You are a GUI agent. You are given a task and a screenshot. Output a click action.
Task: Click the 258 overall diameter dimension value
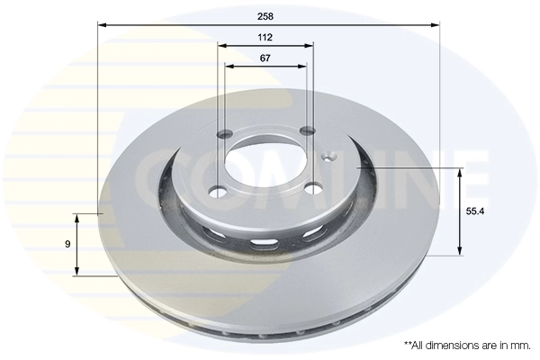[x=265, y=16]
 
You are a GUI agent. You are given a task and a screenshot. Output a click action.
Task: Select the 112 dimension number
[x=265, y=37]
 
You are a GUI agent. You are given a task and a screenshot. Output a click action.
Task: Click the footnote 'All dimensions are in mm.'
[x=468, y=345]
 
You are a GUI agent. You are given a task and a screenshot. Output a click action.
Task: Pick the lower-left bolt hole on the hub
[x=215, y=191]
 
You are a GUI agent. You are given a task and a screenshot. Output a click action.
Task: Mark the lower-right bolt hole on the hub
[x=311, y=187]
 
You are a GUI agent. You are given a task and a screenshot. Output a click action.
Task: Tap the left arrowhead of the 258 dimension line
[x=102, y=26]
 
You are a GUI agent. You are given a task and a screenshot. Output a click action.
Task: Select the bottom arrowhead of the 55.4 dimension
[x=461, y=251]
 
